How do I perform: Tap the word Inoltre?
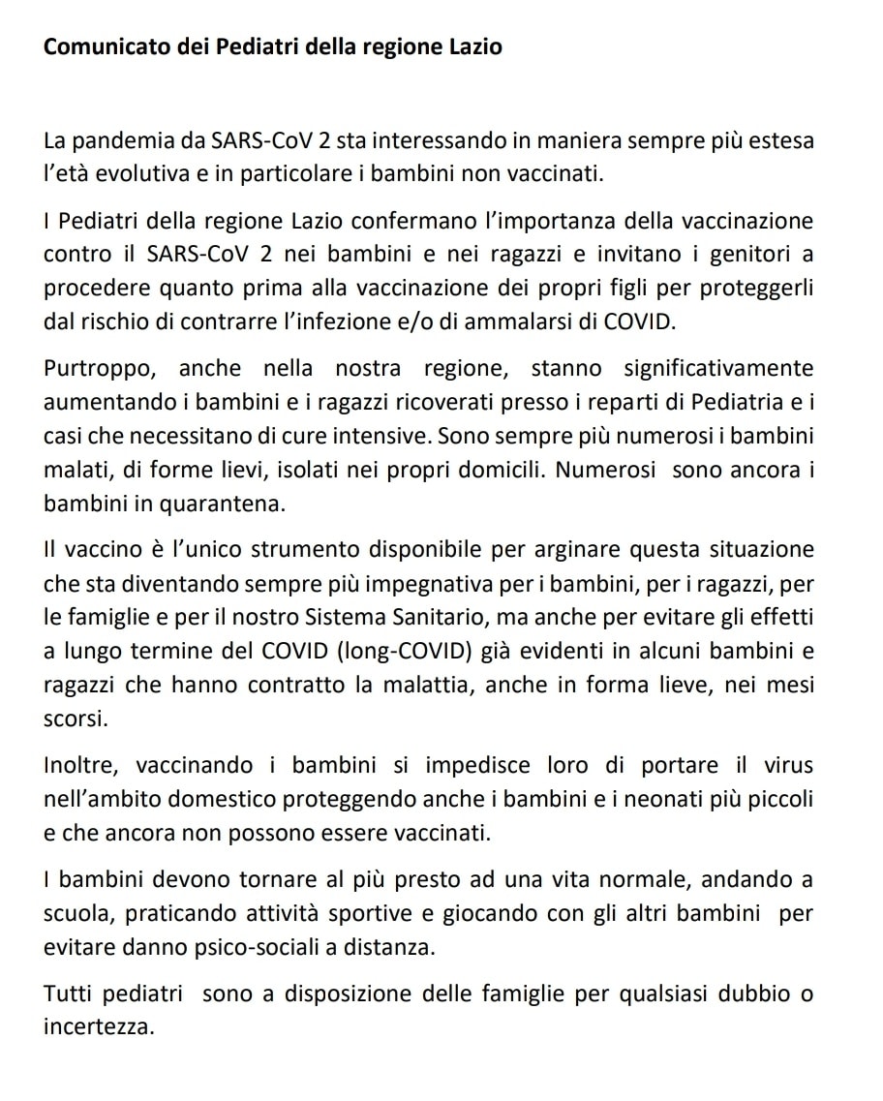point(80,766)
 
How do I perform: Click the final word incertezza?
point(99,1026)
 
